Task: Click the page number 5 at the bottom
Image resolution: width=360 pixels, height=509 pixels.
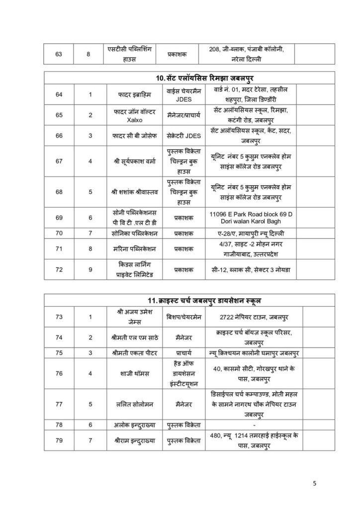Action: tap(314, 483)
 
